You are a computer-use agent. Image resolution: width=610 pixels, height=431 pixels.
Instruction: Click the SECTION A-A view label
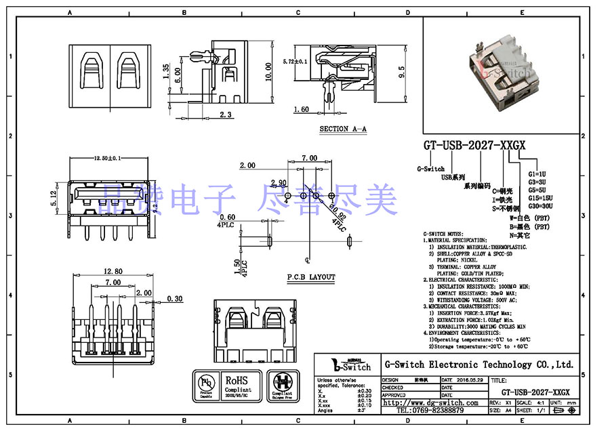coord(344,128)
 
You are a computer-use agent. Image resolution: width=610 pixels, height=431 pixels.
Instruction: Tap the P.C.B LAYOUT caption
coord(311,277)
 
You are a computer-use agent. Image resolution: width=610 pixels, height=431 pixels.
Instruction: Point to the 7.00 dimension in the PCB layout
coord(309,158)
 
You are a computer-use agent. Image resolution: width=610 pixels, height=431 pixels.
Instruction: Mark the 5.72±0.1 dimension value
coord(296,62)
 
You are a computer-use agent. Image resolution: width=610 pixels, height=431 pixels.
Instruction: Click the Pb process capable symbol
coord(205,385)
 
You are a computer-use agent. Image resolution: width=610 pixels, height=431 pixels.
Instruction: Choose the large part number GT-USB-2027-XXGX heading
coord(474,146)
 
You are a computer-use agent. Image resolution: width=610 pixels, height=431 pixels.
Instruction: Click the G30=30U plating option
coord(541,205)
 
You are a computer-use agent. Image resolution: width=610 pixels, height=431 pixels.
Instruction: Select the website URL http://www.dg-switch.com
coord(434,403)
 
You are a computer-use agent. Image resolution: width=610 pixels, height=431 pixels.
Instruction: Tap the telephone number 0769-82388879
coord(430,411)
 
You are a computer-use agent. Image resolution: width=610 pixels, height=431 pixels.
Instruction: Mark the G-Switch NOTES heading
coord(445,233)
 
